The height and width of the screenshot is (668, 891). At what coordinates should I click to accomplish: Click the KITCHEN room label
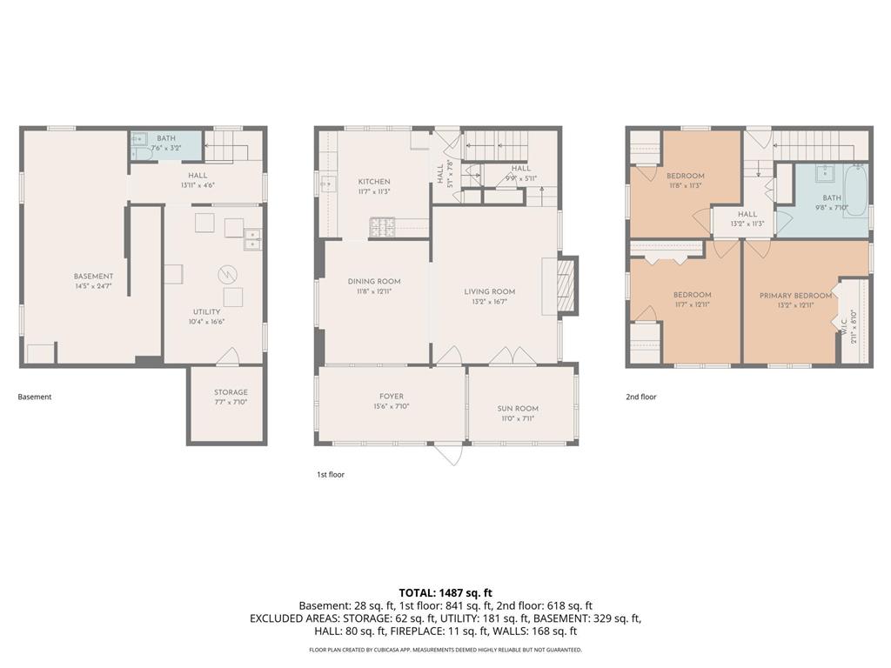(x=374, y=182)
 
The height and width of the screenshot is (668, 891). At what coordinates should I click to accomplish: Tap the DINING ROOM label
(x=374, y=281)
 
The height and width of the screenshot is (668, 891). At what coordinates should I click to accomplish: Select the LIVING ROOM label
(x=489, y=291)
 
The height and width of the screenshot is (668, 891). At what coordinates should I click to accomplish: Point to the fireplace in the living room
(x=566, y=285)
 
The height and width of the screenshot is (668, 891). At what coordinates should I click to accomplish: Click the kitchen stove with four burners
(x=383, y=227)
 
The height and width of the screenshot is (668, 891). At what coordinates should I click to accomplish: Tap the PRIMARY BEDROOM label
(x=795, y=296)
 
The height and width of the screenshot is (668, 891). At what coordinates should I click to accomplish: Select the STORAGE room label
(x=231, y=392)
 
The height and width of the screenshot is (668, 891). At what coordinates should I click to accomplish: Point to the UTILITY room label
(x=206, y=312)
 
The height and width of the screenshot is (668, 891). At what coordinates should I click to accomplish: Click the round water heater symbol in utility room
(x=227, y=275)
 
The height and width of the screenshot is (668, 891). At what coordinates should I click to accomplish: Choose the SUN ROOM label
(x=518, y=409)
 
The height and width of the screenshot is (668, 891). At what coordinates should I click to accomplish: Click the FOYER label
(x=392, y=397)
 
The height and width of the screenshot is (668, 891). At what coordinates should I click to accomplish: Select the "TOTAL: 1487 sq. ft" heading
(x=445, y=593)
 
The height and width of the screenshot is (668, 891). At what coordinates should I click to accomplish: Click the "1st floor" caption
(x=331, y=474)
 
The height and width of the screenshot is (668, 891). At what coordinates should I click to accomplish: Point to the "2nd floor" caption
(x=641, y=397)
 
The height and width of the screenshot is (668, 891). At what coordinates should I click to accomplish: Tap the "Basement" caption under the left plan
(x=35, y=397)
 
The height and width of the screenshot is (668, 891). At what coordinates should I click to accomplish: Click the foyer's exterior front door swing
(x=449, y=454)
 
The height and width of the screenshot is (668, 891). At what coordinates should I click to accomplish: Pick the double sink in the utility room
(x=253, y=240)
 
